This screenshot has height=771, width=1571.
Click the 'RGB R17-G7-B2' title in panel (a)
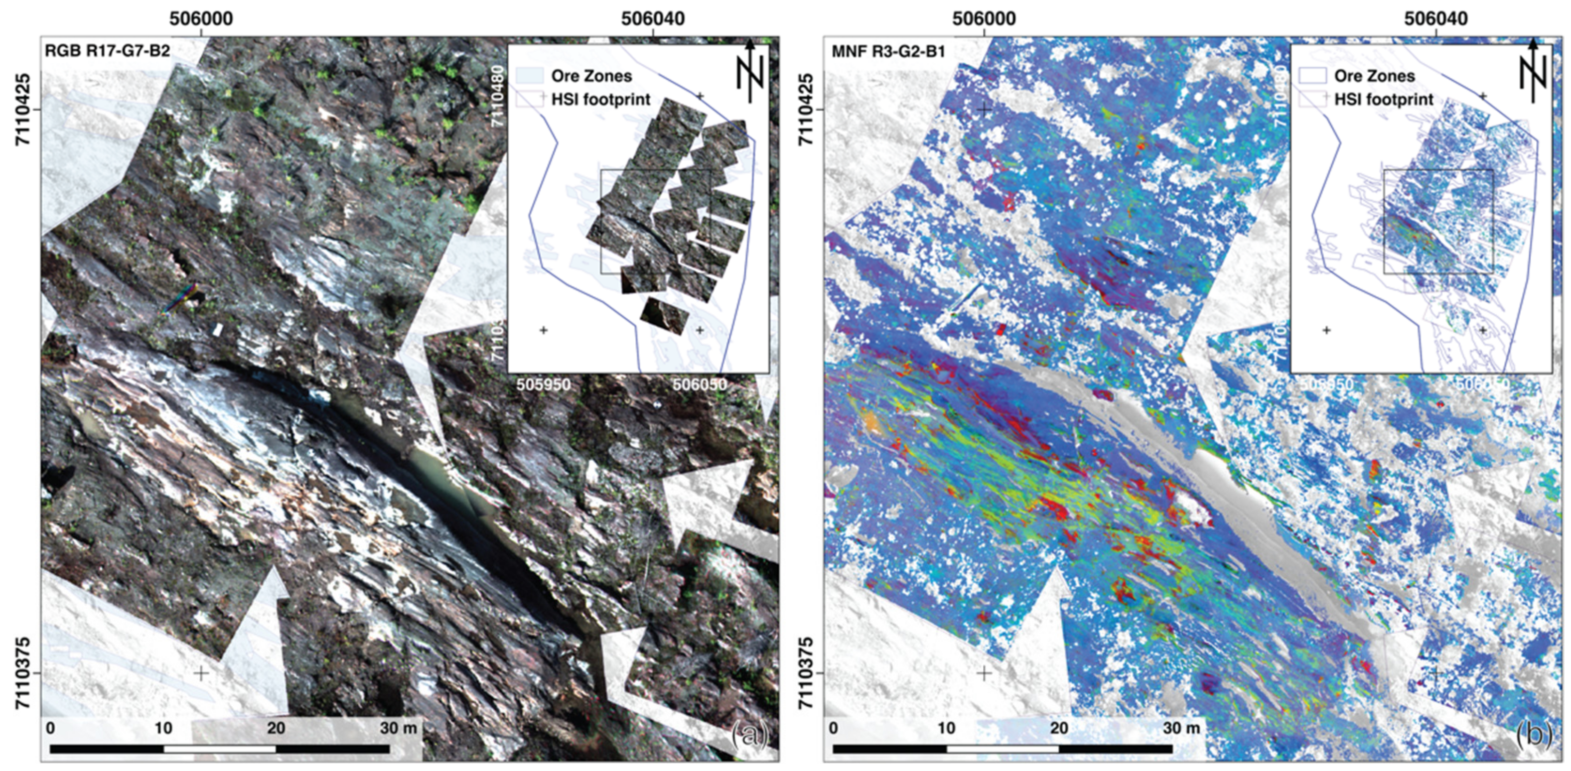tap(107, 51)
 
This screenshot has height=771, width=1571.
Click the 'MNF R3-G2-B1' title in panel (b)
tap(888, 51)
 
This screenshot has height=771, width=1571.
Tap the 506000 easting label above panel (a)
tap(201, 19)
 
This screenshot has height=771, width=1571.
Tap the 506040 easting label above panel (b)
tap(1435, 19)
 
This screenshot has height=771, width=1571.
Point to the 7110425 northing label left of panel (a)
tap(22, 109)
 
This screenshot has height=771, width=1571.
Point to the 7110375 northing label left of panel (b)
tap(806, 673)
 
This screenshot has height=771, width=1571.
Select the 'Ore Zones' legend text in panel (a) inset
tap(591, 76)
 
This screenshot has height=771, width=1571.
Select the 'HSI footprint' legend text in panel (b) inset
tap(1383, 99)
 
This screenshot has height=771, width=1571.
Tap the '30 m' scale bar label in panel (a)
tap(398, 728)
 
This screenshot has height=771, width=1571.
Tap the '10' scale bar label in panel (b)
tap(946, 728)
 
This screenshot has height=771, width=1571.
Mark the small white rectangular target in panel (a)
tap(217, 330)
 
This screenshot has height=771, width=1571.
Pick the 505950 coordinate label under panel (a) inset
tap(544, 385)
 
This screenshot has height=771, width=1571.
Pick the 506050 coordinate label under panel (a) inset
tap(700, 385)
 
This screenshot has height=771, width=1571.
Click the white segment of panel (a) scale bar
tap(220, 749)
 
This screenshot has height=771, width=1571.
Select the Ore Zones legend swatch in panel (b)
tap(1312, 76)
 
